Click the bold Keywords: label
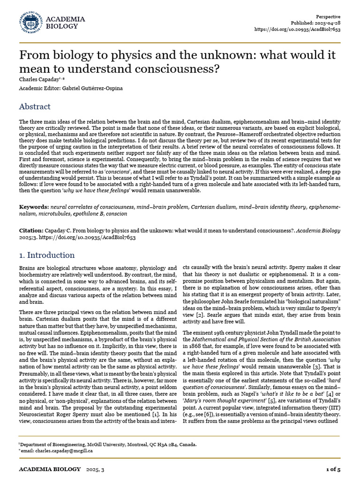point(34,207)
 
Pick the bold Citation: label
point(31,231)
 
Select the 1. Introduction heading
point(47,255)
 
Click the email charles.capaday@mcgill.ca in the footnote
point(58,450)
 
